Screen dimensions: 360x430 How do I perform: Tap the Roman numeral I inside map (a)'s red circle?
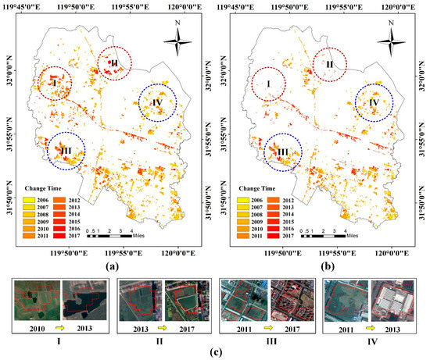tap(54, 80)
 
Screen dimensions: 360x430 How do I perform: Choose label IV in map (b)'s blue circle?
tap(374, 102)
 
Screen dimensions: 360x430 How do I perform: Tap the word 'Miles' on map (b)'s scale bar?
tap(356, 232)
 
